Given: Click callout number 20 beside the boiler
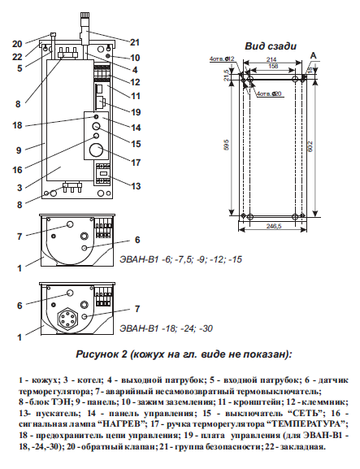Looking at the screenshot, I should tap(17, 43).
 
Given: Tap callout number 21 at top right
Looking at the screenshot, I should tap(135, 42).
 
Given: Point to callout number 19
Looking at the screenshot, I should tap(135, 111).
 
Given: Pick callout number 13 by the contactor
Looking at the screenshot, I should tap(135, 186).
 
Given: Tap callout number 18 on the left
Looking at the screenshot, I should tap(17, 125).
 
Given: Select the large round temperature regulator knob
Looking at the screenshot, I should tap(96, 151).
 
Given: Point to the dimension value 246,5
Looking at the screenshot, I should tap(273, 228).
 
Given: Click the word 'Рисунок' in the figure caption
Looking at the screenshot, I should tap(102, 354).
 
